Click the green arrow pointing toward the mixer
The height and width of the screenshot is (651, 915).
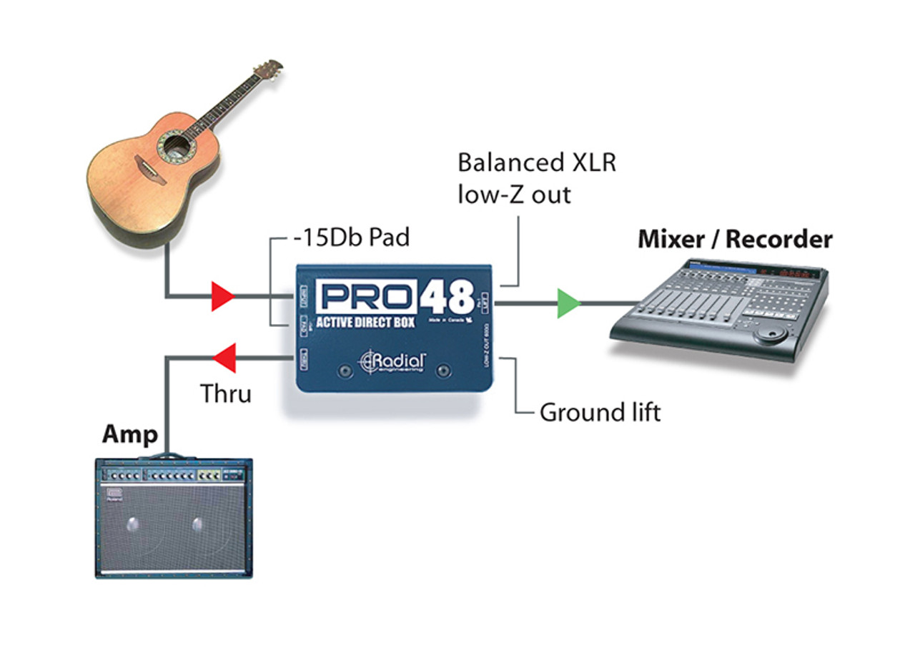point(568,303)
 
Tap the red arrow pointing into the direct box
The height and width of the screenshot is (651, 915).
point(222,296)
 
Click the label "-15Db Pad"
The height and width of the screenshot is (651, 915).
point(351,237)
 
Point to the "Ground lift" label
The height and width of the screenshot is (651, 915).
point(600,413)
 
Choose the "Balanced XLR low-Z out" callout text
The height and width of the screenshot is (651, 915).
point(536,177)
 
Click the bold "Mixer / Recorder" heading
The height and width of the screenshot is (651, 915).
point(735,239)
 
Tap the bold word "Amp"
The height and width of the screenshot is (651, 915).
point(129,434)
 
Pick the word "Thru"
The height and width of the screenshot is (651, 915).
point(225,393)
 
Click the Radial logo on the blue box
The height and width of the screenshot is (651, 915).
point(392,362)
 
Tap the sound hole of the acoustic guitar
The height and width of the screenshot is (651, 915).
point(174,146)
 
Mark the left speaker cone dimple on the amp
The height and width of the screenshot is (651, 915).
point(134,524)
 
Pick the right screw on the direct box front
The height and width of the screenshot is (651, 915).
point(444,370)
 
